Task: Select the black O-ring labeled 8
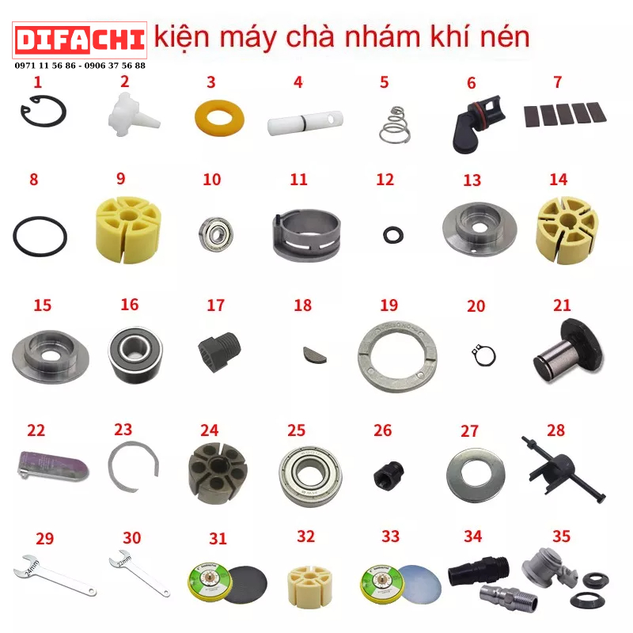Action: pyautogui.click(x=40, y=235)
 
